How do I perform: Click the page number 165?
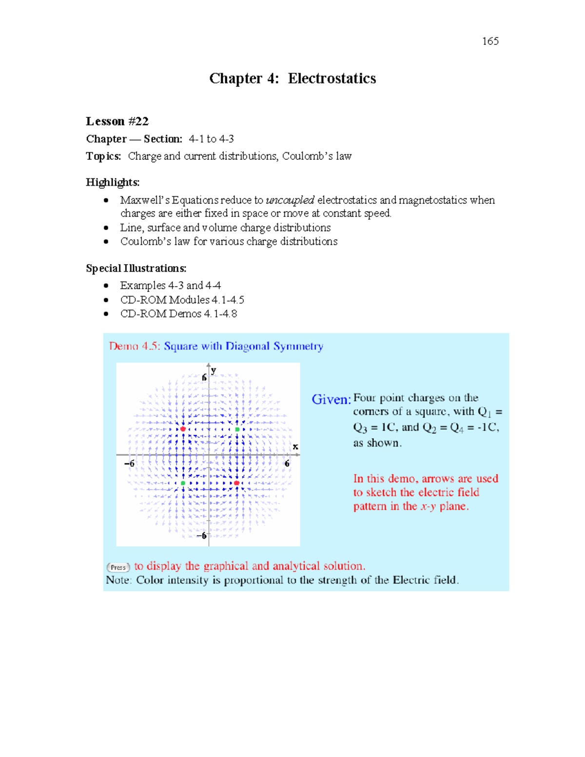coord(490,41)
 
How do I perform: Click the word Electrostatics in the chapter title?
coord(331,78)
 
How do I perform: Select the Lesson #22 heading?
coord(117,121)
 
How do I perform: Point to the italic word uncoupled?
coord(290,200)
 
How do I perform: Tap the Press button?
coord(118,567)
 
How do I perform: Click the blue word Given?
coord(331,400)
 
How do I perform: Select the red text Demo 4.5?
coord(134,347)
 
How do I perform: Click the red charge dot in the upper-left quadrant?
coord(183,429)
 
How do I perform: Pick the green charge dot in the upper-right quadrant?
coord(237,429)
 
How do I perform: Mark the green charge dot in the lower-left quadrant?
coord(183,483)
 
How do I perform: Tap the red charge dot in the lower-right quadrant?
coord(236,483)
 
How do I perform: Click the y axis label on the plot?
coord(214,370)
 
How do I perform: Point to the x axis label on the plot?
coord(295,446)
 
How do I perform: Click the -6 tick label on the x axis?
coord(129,464)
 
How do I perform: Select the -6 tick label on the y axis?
coord(201,536)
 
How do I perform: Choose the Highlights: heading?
coord(113,182)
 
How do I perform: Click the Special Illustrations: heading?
coord(136,269)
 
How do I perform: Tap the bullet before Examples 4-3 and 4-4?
coord(106,286)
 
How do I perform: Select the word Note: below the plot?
coord(118,581)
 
